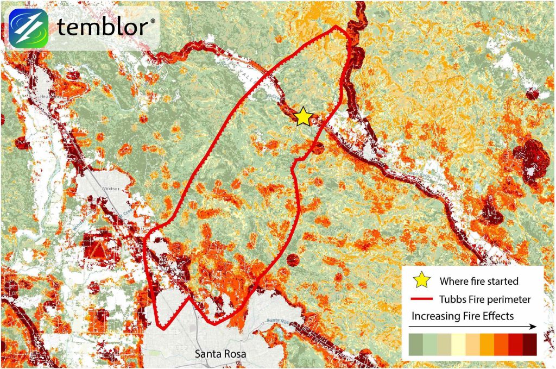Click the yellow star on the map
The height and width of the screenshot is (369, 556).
click(304, 116)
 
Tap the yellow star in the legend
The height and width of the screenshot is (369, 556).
click(422, 280)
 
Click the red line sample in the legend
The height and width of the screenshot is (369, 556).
click(422, 299)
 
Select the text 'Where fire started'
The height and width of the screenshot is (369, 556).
click(479, 281)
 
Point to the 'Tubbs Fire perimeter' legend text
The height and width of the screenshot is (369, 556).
click(485, 299)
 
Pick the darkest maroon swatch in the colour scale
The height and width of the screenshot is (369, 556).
click(529, 344)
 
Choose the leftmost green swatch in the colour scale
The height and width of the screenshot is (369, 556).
click(415, 344)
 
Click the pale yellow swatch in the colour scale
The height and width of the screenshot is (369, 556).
click(458, 344)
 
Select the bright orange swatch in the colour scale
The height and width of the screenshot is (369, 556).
click(486, 344)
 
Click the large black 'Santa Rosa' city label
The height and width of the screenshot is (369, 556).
click(220, 354)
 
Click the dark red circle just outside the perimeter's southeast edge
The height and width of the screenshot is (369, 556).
click(293, 260)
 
